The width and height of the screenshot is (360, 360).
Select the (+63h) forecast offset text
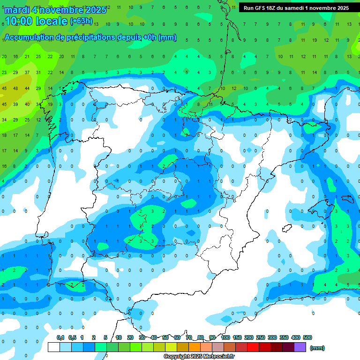(x=81, y=21)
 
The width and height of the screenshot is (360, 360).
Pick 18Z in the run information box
(x=271, y=8)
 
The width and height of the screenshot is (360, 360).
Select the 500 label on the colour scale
(x=307, y=337)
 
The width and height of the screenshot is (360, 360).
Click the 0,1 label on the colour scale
(x=60, y=337)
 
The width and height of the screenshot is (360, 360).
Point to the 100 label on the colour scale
(x=225, y=337)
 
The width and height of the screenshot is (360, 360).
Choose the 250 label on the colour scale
(x=261, y=337)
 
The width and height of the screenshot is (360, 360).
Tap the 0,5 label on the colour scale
(x=72, y=337)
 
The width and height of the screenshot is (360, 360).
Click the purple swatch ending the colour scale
(x=300, y=347)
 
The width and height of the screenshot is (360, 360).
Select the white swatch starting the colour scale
(x=54, y=347)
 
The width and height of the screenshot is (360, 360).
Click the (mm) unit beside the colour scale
(x=318, y=348)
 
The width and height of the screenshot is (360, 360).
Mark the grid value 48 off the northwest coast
(x=15, y=89)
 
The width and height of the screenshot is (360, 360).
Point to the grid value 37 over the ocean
(x=27, y=73)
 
